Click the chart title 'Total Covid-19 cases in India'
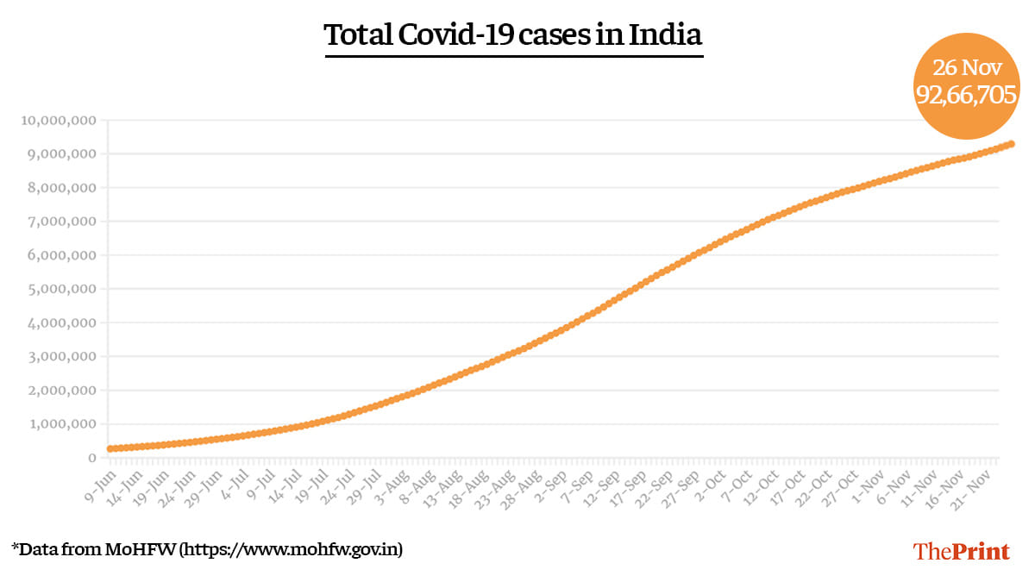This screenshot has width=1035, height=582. (513, 36)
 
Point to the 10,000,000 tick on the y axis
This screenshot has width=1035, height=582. (58, 121)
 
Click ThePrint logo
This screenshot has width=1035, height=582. (962, 551)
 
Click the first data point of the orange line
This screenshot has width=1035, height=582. (110, 448)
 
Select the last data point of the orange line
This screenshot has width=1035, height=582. (1011, 144)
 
